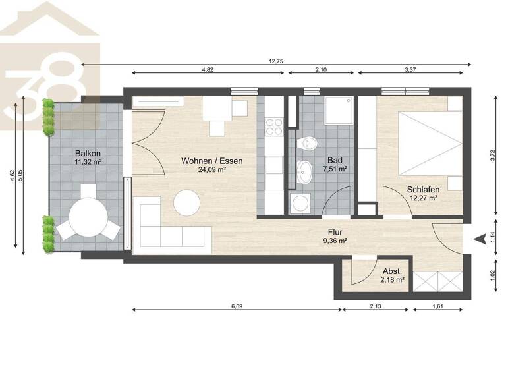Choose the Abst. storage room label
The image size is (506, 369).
[x=393, y=271]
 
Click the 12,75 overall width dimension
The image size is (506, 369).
[x=277, y=61]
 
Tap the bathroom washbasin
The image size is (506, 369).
[x=305, y=173]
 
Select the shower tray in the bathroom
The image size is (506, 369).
[x=339, y=113]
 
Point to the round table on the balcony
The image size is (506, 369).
[x=88, y=215]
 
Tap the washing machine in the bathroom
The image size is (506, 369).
[x=300, y=203]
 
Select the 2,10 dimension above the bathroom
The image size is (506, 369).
[x=322, y=69]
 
